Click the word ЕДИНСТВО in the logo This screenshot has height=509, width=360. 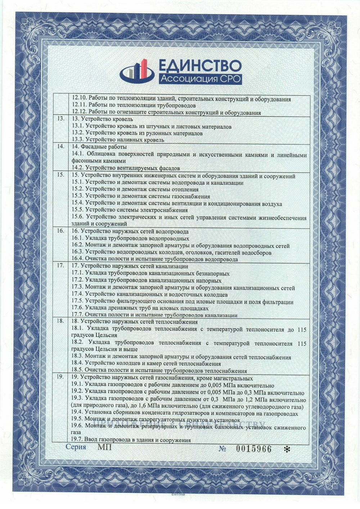point(199,66)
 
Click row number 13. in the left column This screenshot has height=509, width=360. point(61,119)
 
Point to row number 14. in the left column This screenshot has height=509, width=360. point(61,147)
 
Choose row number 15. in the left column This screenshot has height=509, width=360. point(61,175)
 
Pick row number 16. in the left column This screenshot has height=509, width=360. point(61,231)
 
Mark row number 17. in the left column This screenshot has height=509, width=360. point(61,266)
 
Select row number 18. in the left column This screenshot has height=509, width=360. point(61,321)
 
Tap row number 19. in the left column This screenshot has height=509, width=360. point(61,378)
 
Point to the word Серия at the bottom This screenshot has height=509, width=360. point(76,447)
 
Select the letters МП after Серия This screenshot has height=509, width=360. point(105,447)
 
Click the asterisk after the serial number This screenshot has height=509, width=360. point(287,449)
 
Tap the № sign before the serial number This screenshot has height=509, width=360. point(223,449)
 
